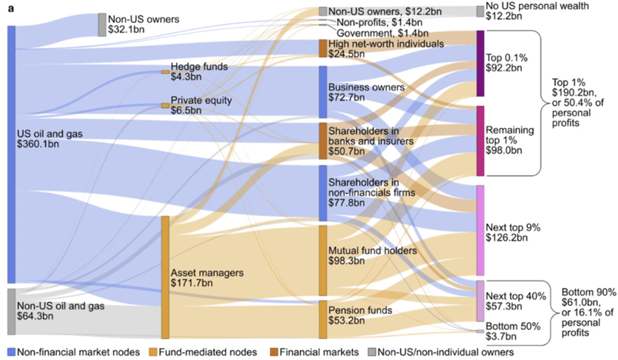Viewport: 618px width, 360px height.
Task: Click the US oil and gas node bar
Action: click(11, 154)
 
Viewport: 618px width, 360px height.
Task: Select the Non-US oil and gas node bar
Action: click(11, 311)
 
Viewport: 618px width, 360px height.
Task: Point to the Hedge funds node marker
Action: click(165, 72)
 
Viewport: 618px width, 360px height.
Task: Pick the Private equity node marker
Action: click(165, 106)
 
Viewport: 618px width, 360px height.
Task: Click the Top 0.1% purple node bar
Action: click(480, 63)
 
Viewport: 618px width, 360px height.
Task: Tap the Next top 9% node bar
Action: click(480, 230)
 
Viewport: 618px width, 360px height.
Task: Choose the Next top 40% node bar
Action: click(480, 301)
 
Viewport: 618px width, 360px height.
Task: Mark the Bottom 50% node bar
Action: click(480, 331)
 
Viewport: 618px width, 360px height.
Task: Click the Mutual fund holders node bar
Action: click(323, 260)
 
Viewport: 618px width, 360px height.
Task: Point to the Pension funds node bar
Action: click(323, 320)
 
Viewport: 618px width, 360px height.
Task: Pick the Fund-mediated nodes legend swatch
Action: click(153, 352)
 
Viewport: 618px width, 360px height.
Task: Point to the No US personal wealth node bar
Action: click(480, 11)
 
